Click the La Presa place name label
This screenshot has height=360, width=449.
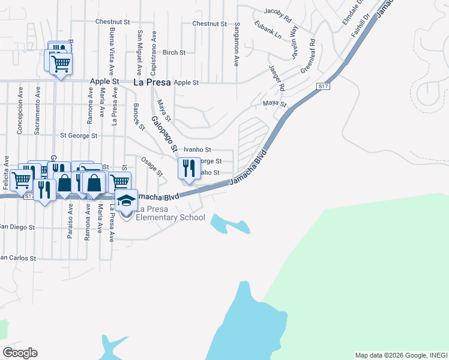tap(152, 82)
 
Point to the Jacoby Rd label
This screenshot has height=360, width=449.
tap(277, 12)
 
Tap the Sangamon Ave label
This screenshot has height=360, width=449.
tap(237, 37)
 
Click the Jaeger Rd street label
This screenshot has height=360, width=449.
tap(277, 78)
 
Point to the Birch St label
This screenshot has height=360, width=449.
tap(174, 53)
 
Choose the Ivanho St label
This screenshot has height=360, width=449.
tap(197, 149)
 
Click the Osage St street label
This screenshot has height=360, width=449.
tap(152, 166)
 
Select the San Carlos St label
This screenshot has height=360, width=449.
tap(17, 259)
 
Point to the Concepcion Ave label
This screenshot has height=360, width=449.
tap(20, 115)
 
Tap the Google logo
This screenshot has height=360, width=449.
tap(20, 353)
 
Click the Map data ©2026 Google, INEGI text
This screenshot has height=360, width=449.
tap(400, 355)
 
